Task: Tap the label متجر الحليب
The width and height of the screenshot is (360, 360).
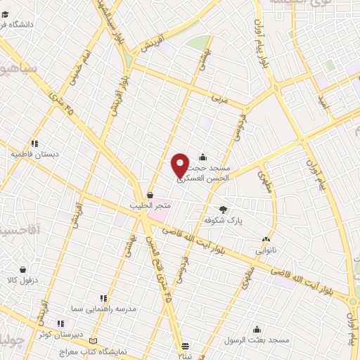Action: pyautogui.click(x=150, y=205)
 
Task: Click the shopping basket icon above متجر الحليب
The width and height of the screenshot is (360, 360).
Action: pyautogui.click(x=150, y=195)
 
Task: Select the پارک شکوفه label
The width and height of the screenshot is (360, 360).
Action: pyautogui.click(x=223, y=220)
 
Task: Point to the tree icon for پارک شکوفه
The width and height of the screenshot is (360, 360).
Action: pyautogui.click(x=224, y=210)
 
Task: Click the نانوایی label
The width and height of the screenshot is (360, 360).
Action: pyautogui.click(x=264, y=249)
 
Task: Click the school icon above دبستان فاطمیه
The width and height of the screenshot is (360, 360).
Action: pyautogui.click(x=34, y=143)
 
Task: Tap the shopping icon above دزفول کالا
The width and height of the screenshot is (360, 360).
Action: pyautogui.click(x=23, y=269)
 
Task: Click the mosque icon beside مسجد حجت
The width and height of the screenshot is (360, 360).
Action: pyautogui.click(x=202, y=157)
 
